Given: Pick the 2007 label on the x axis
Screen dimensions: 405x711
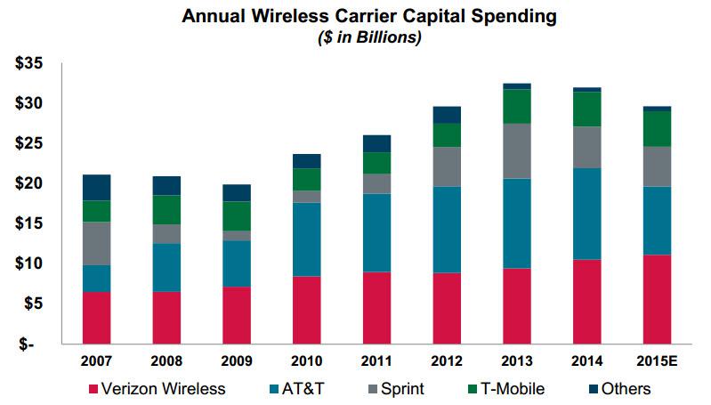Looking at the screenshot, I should [96, 362].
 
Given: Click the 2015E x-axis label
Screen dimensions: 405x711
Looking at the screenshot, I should [657, 362].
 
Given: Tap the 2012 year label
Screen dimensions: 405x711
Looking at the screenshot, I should [447, 362].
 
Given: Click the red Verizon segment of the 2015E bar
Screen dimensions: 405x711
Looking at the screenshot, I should [657, 299].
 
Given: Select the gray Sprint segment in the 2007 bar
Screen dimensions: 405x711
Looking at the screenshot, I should [96, 243].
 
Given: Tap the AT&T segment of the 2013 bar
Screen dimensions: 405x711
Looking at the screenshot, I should [517, 223].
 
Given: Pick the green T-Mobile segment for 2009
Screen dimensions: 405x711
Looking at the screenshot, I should [237, 216].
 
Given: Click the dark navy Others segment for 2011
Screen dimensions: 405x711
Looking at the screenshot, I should [376, 143].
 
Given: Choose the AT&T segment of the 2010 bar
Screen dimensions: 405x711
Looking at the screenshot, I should [306, 239].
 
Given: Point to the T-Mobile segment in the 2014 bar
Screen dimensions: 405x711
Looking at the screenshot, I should [586, 109].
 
